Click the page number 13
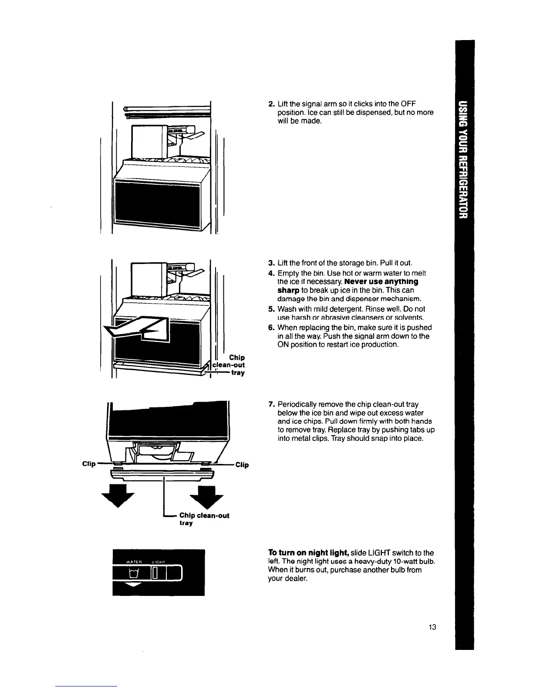[432, 627]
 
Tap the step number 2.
[270, 104]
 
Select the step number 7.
[270, 404]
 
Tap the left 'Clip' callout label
[89, 463]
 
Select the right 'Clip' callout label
[242, 465]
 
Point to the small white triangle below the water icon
[130, 586]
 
